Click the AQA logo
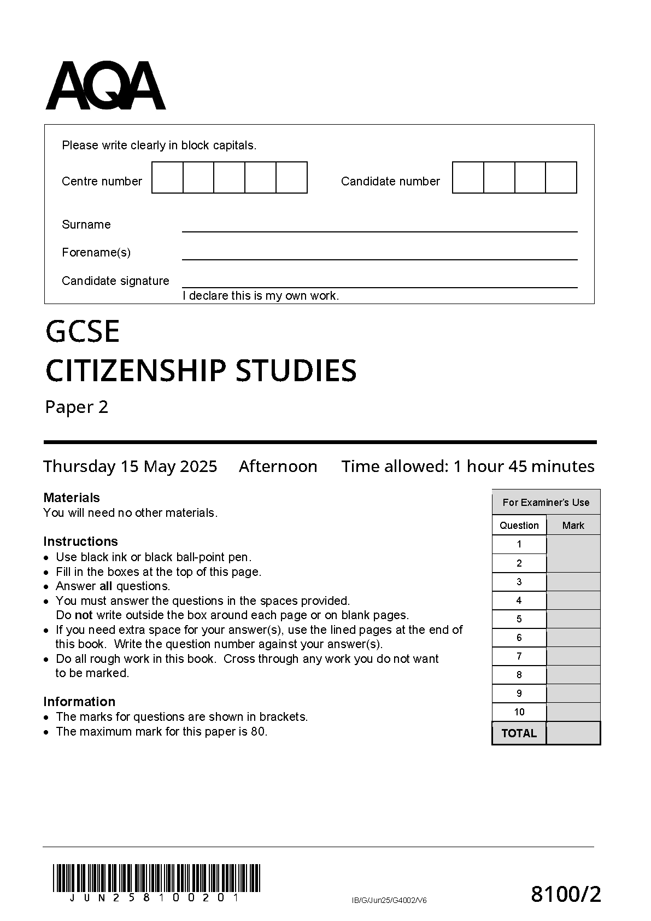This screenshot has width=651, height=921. click(x=105, y=86)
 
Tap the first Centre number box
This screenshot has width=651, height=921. click(x=167, y=177)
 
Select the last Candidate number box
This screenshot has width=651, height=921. click(x=561, y=177)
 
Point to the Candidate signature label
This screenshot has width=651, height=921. click(x=115, y=281)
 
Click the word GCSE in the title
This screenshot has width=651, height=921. click(x=83, y=332)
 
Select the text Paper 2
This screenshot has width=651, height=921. click(x=77, y=407)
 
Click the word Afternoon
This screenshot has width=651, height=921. click(x=278, y=467)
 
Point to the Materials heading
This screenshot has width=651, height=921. click(x=72, y=498)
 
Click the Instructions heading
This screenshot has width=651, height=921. click(x=80, y=541)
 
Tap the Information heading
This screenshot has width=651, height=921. click(x=79, y=702)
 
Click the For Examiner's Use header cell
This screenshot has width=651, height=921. click(x=546, y=502)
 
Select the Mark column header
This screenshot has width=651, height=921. click(x=573, y=526)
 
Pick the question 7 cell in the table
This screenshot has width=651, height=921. click(x=519, y=656)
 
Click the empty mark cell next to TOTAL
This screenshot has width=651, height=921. click(x=573, y=733)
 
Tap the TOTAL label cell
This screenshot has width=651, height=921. click(x=519, y=733)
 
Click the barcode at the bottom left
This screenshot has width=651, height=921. click(x=157, y=878)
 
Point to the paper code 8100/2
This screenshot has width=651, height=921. click(x=566, y=895)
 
